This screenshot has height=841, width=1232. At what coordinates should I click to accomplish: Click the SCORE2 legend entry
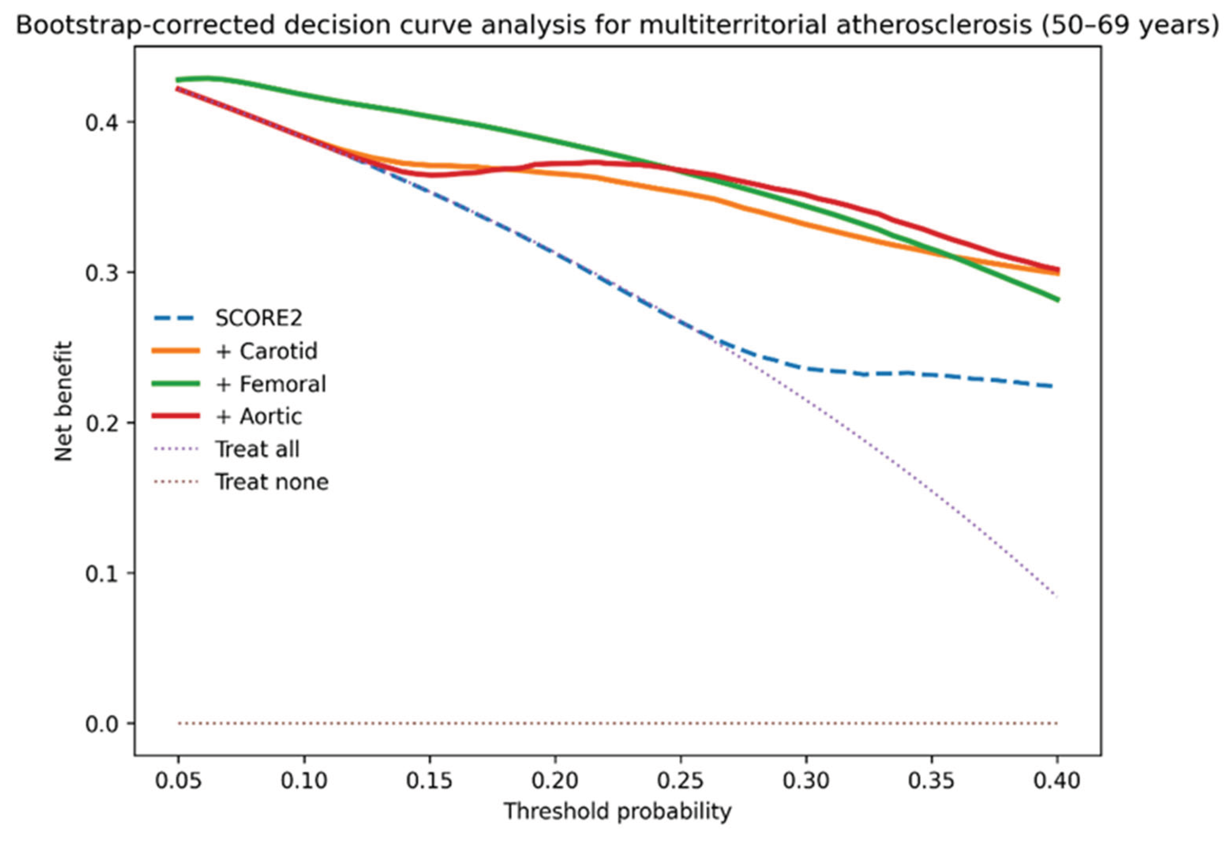[258, 318]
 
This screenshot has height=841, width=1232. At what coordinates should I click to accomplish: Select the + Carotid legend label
[267, 351]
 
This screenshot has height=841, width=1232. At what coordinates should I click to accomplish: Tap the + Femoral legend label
[271, 384]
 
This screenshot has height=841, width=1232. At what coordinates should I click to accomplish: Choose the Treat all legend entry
[257, 449]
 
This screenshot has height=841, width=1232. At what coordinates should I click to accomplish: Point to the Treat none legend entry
[272, 482]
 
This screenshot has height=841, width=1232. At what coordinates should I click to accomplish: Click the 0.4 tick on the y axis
[103, 123]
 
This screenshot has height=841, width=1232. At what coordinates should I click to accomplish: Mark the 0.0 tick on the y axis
[103, 724]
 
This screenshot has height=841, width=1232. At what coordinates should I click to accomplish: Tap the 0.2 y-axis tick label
[103, 423]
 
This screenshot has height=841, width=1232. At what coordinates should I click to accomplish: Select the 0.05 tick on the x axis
[179, 781]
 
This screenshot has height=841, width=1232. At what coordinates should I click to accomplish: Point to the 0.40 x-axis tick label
[1057, 781]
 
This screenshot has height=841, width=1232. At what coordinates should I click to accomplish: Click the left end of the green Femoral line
[177, 80]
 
